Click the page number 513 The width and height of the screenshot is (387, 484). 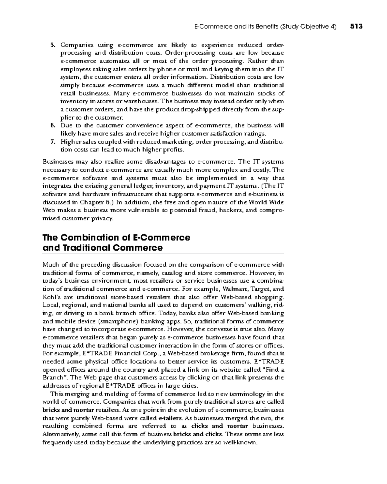[x=356, y=27]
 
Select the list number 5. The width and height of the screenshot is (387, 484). [x=52, y=45]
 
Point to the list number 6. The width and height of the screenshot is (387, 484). [x=52, y=126]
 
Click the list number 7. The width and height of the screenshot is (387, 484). [x=52, y=142]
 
